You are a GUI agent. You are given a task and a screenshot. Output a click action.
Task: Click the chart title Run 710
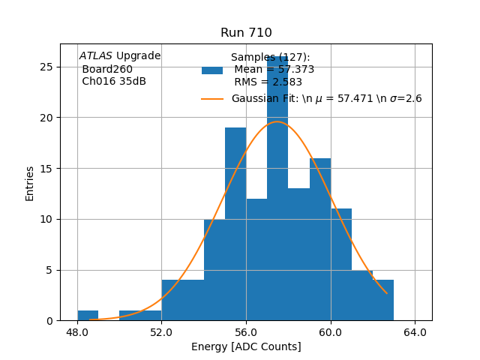click(246, 33)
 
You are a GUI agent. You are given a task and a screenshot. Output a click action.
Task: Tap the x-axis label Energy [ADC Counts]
click(246, 346)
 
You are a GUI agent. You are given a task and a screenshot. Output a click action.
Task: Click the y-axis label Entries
click(30, 183)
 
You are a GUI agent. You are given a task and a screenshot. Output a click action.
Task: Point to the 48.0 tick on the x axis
click(77, 331)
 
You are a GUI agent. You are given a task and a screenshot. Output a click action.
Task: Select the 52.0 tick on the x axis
click(161, 331)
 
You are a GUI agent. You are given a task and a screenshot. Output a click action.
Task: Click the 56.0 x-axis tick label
click(246, 331)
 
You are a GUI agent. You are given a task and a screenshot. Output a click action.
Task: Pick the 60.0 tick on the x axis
click(330, 331)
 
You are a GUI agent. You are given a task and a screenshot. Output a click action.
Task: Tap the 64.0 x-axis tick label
click(415, 331)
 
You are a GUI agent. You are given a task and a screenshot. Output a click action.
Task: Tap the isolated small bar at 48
click(88, 316)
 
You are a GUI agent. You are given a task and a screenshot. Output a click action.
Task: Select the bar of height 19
click(235, 225)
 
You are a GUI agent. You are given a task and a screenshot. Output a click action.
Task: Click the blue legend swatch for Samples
click(212, 70)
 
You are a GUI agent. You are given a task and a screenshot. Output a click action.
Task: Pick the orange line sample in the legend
click(212, 99)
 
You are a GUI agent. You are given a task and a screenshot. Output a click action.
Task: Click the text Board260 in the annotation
click(107, 69)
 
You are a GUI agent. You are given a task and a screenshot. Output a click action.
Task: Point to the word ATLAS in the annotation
click(95, 56)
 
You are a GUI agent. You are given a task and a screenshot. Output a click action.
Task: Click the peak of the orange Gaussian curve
click(277, 121)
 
